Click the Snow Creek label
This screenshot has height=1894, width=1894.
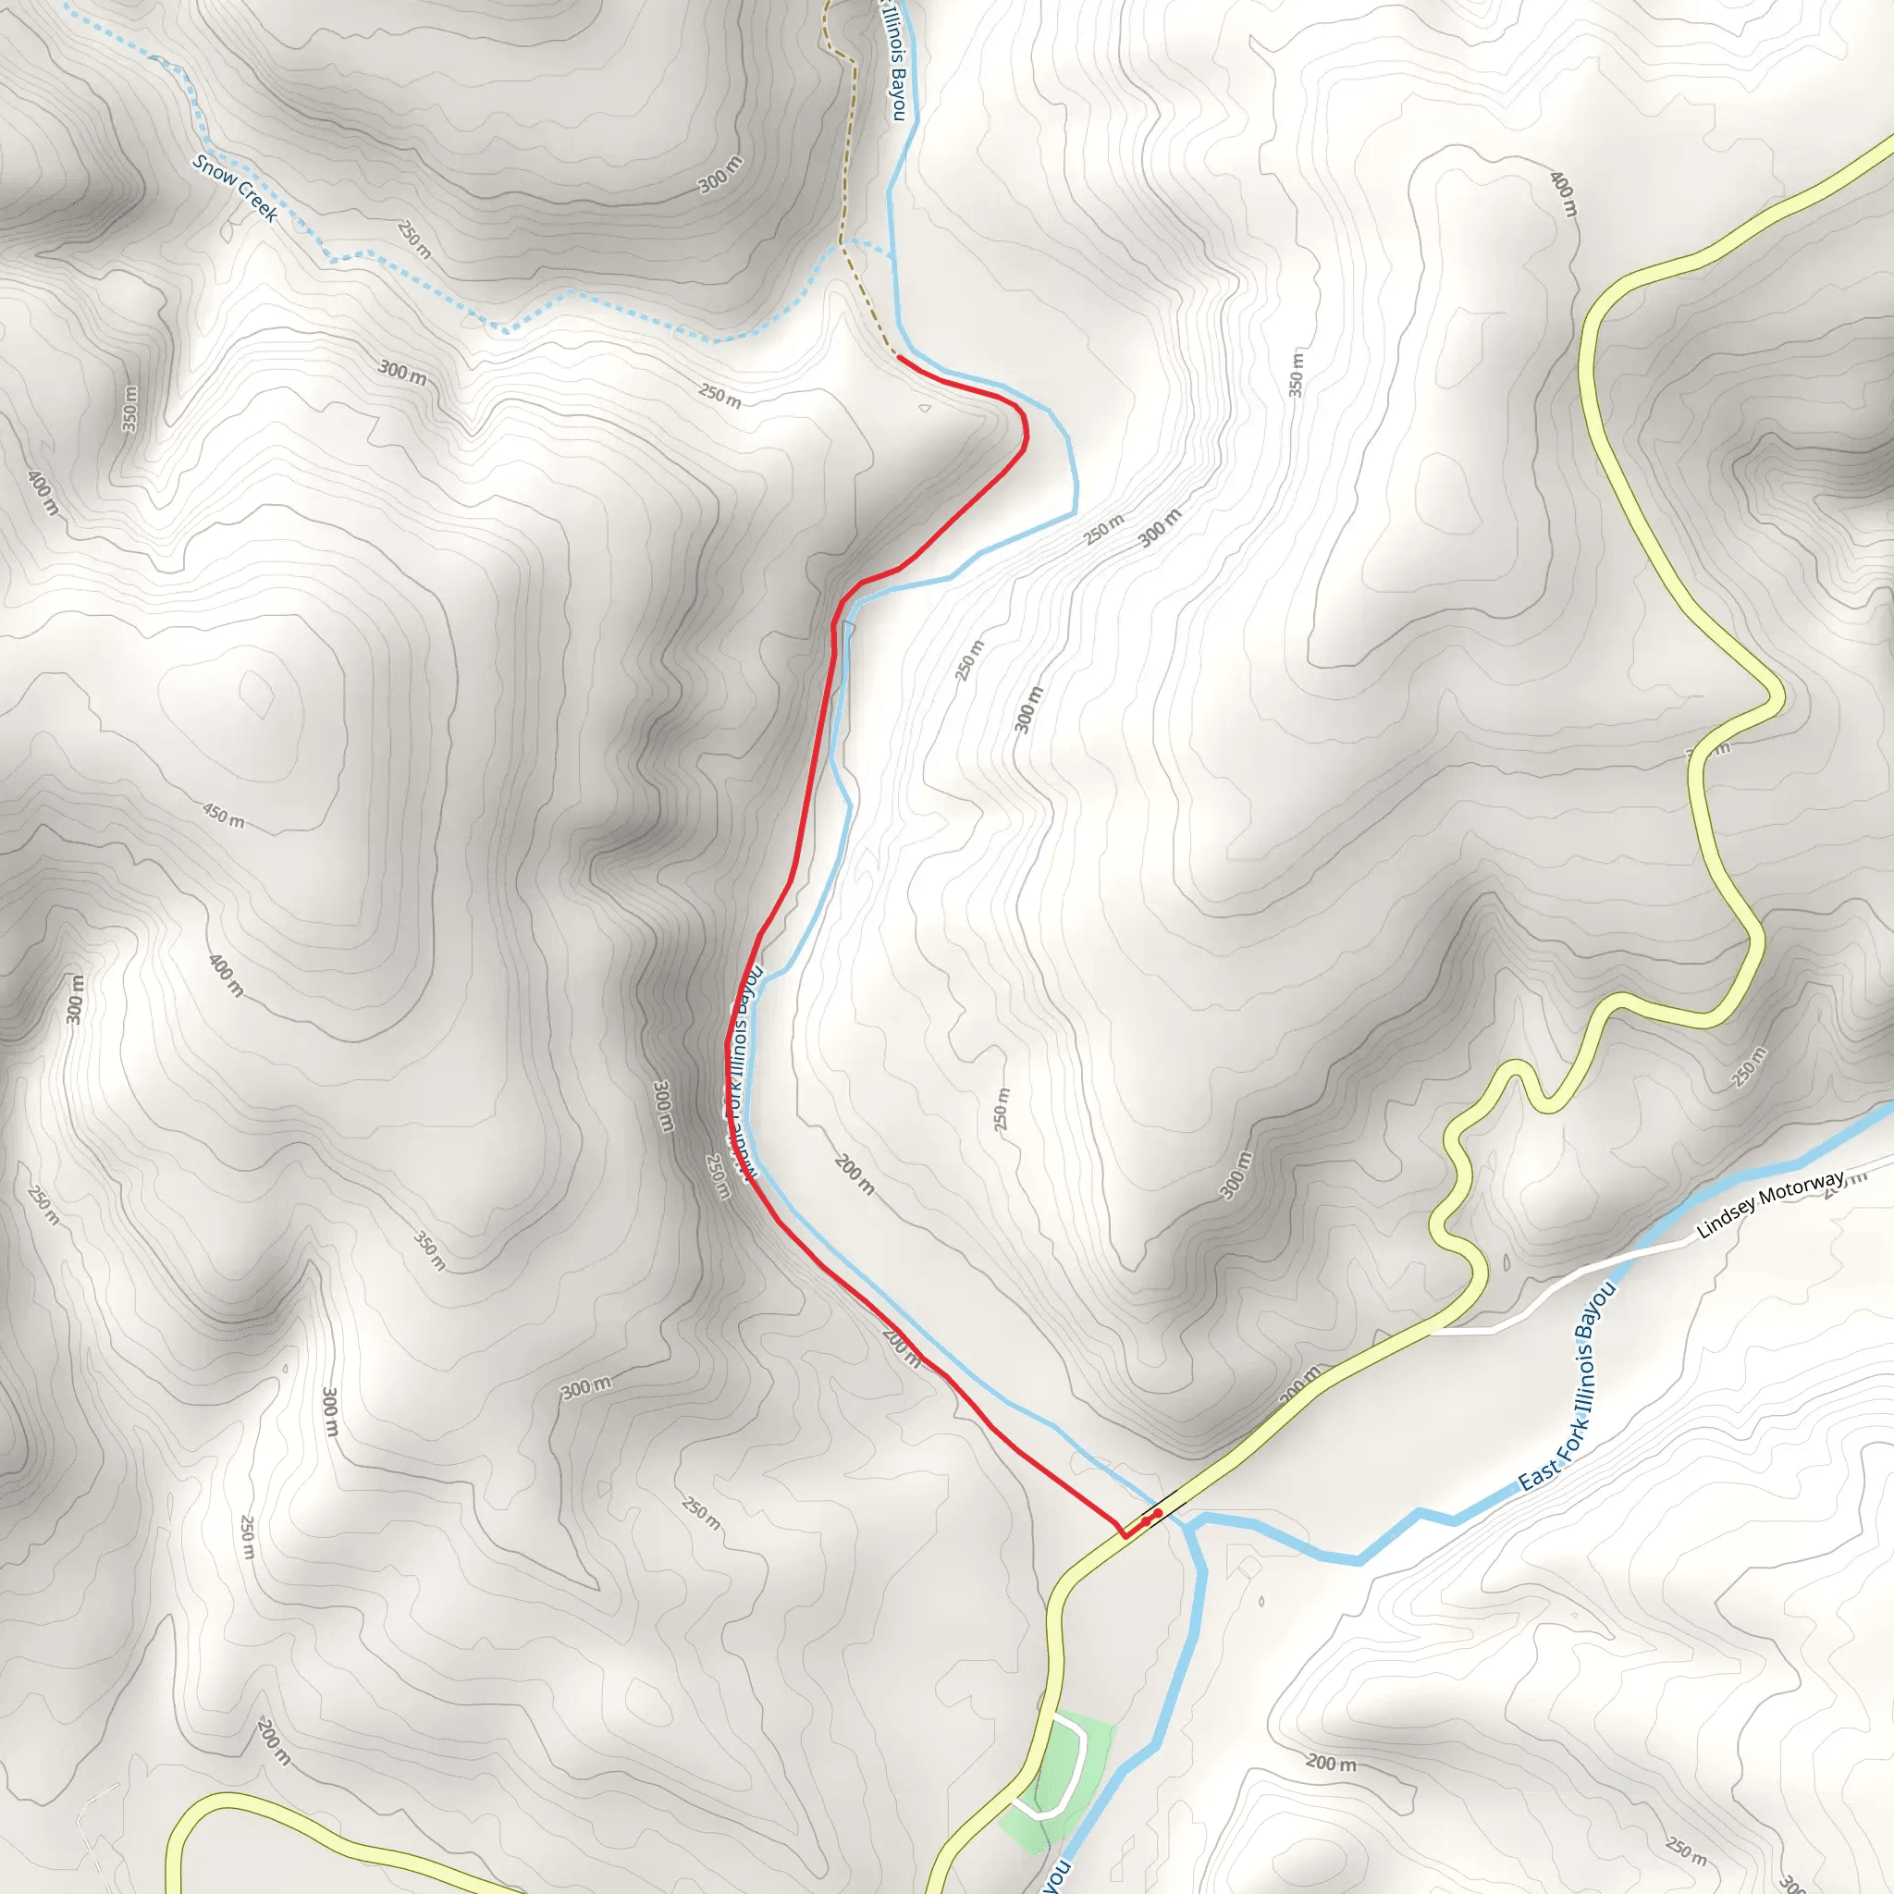(x=235, y=189)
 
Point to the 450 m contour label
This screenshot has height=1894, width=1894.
(x=224, y=814)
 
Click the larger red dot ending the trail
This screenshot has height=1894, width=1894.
(x=1158, y=1514)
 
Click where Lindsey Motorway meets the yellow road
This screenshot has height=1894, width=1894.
(x=1433, y=1332)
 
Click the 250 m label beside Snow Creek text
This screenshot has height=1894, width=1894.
(x=414, y=239)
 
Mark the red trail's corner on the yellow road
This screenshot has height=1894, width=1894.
(x=1124, y=1535)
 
